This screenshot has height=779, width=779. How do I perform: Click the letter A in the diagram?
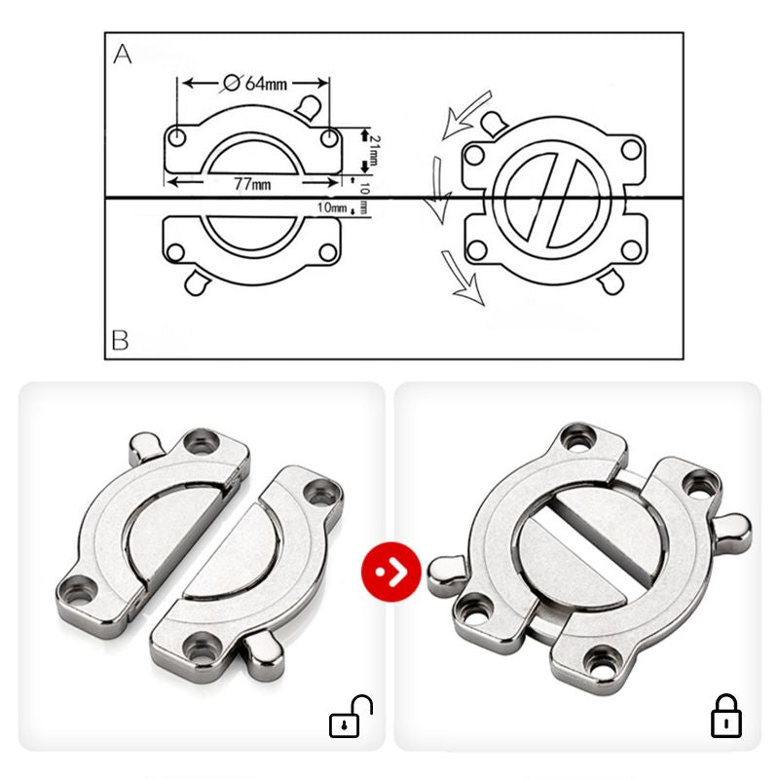(x=123, y=55)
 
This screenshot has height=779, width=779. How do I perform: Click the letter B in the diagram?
(x=120, y=340)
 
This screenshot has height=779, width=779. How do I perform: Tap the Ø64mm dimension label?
(x=255, y=83)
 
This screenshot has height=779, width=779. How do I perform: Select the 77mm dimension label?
(x=253, y=184)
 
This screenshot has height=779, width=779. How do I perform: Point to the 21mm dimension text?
(x=375, y=150)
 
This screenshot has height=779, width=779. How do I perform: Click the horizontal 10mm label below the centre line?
(x=332, y=207)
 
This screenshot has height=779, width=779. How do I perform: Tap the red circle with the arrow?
(x=391, y=572)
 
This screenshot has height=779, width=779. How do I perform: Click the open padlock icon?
(x=351, y=716)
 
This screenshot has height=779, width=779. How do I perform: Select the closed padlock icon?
(x=725, y=716)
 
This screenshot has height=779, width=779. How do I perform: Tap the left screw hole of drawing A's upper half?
(x=177, y=137)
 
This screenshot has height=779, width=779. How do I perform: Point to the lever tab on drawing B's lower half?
(x=198, y=282)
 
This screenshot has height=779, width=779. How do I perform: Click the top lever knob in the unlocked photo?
(x=145, y=450)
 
